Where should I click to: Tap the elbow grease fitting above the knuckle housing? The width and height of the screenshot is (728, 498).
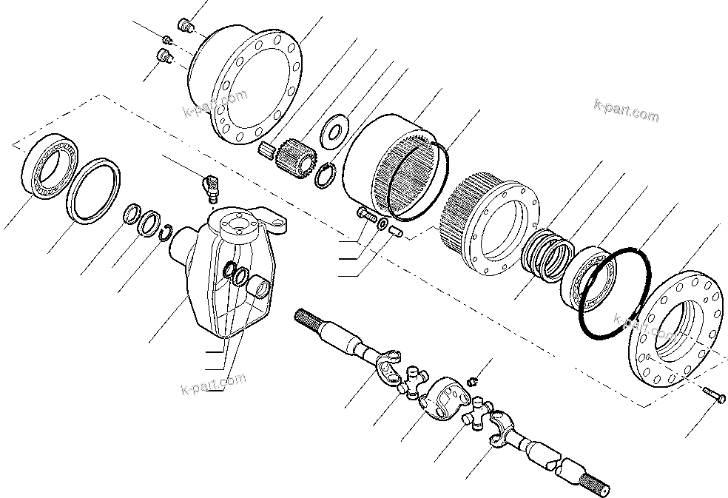tap(209, 184)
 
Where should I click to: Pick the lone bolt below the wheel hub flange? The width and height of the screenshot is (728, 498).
tap(715, 397)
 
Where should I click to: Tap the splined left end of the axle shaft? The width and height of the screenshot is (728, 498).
tap(307, 320)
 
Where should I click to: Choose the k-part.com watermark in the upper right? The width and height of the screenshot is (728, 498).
tap(626, 112)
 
